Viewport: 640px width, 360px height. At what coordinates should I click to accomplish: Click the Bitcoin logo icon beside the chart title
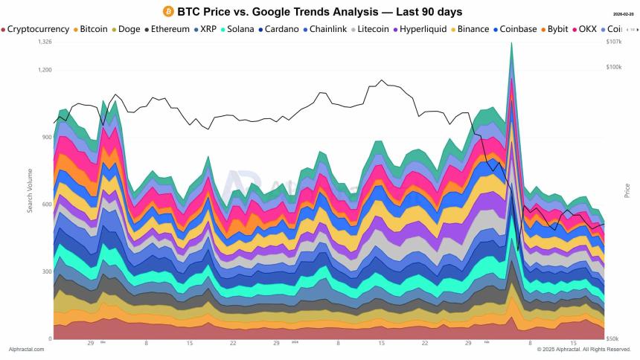[167, 12]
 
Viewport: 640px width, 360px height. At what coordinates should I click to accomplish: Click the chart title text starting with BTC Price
[319, 12]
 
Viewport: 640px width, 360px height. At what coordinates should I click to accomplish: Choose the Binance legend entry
[471, 29]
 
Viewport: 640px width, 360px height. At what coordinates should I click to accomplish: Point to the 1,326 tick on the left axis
[45, 42]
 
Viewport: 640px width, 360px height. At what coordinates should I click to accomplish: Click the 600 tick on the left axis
[46, 205]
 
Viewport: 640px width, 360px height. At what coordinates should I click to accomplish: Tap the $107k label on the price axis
[614, 42]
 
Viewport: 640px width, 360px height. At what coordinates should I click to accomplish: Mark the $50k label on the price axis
[612, 339]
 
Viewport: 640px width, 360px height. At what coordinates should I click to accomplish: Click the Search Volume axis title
[31, 190]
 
